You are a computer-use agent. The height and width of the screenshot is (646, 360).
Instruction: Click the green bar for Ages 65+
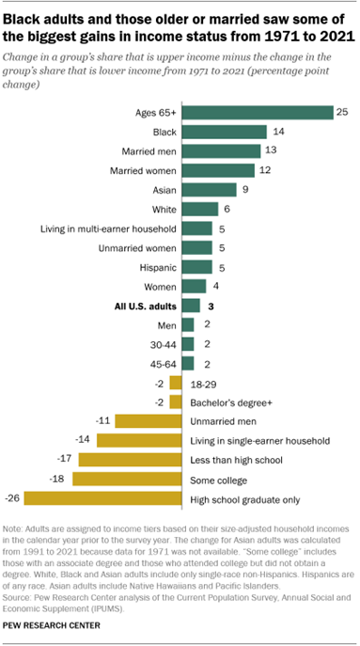click(x=257, y=112)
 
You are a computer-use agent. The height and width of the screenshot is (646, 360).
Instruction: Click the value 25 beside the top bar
click(x=343, y=112)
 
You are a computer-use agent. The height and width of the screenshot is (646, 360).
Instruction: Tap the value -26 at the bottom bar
click(x=14, y=497)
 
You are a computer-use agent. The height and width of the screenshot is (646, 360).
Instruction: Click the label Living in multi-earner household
click(x=106, y=228)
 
